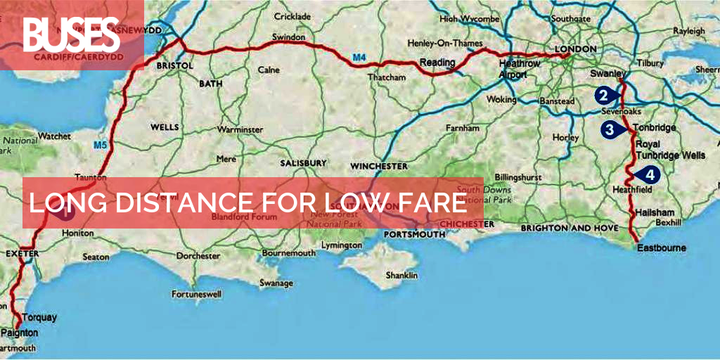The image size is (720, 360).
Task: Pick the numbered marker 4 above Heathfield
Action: click(x=650, y=174)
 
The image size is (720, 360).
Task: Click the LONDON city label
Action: click(x=575, y=49)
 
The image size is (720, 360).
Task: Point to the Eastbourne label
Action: click(x=661, y=248)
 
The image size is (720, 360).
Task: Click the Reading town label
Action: click(x=437, y=63)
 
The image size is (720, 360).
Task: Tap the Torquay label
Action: click(x=39, y=317)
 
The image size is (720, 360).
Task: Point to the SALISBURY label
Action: click(x=304, y=162)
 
